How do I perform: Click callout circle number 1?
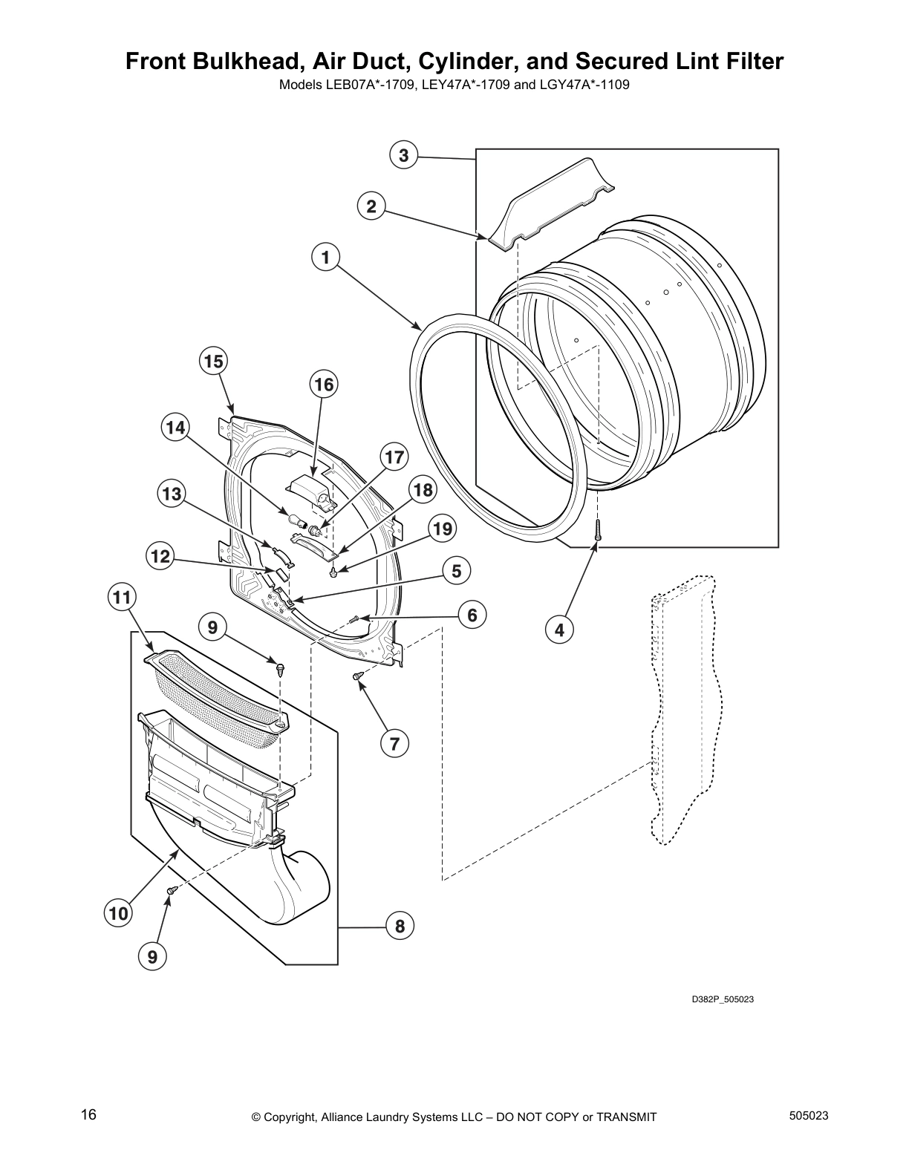pos(325,258)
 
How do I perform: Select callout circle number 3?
pos(403,155)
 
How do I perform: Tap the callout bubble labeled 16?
pos(324,384)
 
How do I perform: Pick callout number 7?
pos(394,743)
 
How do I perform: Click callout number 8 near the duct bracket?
pos(400,926)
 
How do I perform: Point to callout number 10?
pos(119,914)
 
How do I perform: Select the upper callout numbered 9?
pos(212,628)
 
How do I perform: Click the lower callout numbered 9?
pos(151,958)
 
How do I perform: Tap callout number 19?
pos(442,529)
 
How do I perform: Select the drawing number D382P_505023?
pos(723,999)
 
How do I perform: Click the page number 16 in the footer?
pos(89,1114)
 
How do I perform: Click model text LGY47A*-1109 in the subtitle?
pos(585,84)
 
